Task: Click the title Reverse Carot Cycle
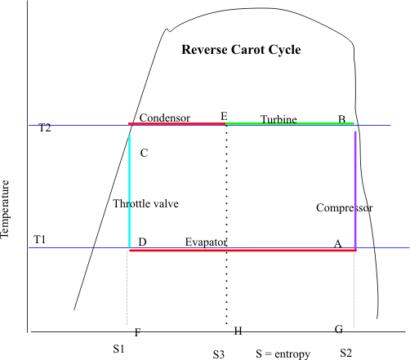pyautogui.click(x=241, y=50)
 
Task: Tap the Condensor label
pyautogui.click(x=165, y=118)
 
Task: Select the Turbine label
pyautogui.click(x=279, y=119)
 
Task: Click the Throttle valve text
pyautogui.click(x=145, y=203)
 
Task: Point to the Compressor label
pyautogui.click(x=345, y=208)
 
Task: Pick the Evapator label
pyautogui.click(x=206, y=242)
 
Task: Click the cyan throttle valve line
pyautogui.click(x=129, y=191)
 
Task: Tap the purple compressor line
pyautogui.click(x=355, y=190)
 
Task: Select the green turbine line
pyautogui.click(x=290, y=124)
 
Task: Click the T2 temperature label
pyautogui.click(x=45, y=127)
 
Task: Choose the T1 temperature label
pyautogui.click(x=39, y=240)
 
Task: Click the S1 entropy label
pyautogui.click(x=118, y=349)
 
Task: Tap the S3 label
pyautogui.click(x=219, y=354)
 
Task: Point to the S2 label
pyautogui.click(x=346, y=353)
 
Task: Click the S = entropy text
pyautogui.click(x=283, y=354)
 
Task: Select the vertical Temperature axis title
pyautogui.click(x=5, y=210)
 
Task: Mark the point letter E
pyautogui.click(x=224, y=117)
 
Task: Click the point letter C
pyautogui.click(x=144, y=153)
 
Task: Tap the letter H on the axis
pyautogui.click(x=238, y=331)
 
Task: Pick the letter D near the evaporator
pyautogui.click(x=142, y=242)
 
